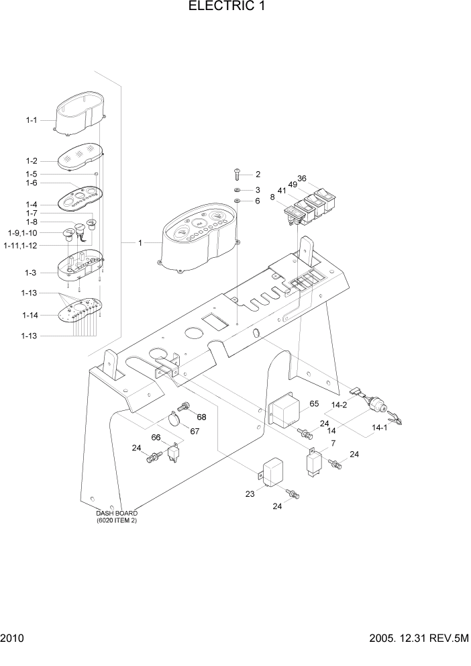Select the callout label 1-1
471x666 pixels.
(x=32, y=120)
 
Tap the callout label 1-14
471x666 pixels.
(x=30, y=315)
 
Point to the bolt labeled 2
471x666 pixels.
(x=237, y=175)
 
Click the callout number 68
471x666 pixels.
(x=201, y=417)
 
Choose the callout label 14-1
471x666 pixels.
(x=379, y=428)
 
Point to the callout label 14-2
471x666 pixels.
(x=339, y=405)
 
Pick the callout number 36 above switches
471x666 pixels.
(x=302, y=179)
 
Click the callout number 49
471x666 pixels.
(x=293, y=185)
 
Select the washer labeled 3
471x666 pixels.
(x=238, y=191)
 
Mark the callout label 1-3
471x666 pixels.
(x=30, y=273)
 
